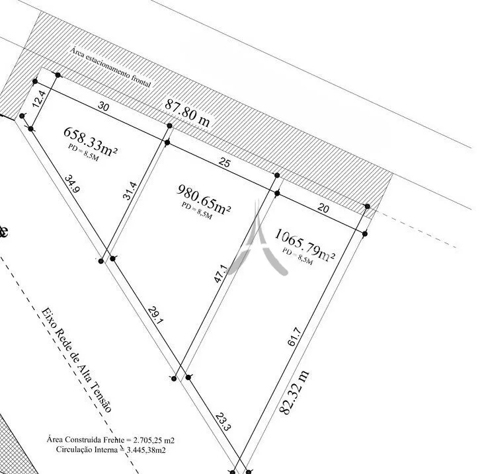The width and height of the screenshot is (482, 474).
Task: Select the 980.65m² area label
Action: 204,199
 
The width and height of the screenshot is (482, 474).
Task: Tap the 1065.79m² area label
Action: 304,245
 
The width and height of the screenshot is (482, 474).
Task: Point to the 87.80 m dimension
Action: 188,113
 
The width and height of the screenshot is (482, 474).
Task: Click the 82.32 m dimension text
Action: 294,393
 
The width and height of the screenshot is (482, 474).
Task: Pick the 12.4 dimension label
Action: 39,99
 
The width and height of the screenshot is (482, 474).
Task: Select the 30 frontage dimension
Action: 104,106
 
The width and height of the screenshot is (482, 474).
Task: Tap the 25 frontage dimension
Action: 224,163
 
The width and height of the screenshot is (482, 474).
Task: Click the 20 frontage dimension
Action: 323,208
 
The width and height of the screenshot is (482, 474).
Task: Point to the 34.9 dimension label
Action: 73,184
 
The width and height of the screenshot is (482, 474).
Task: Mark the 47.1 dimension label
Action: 220,274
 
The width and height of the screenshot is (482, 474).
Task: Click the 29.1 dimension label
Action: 155,315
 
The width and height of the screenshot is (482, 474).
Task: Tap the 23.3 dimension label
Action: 223,422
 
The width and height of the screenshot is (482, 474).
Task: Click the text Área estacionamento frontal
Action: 110,67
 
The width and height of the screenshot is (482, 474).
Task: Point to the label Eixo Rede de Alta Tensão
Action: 77,360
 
